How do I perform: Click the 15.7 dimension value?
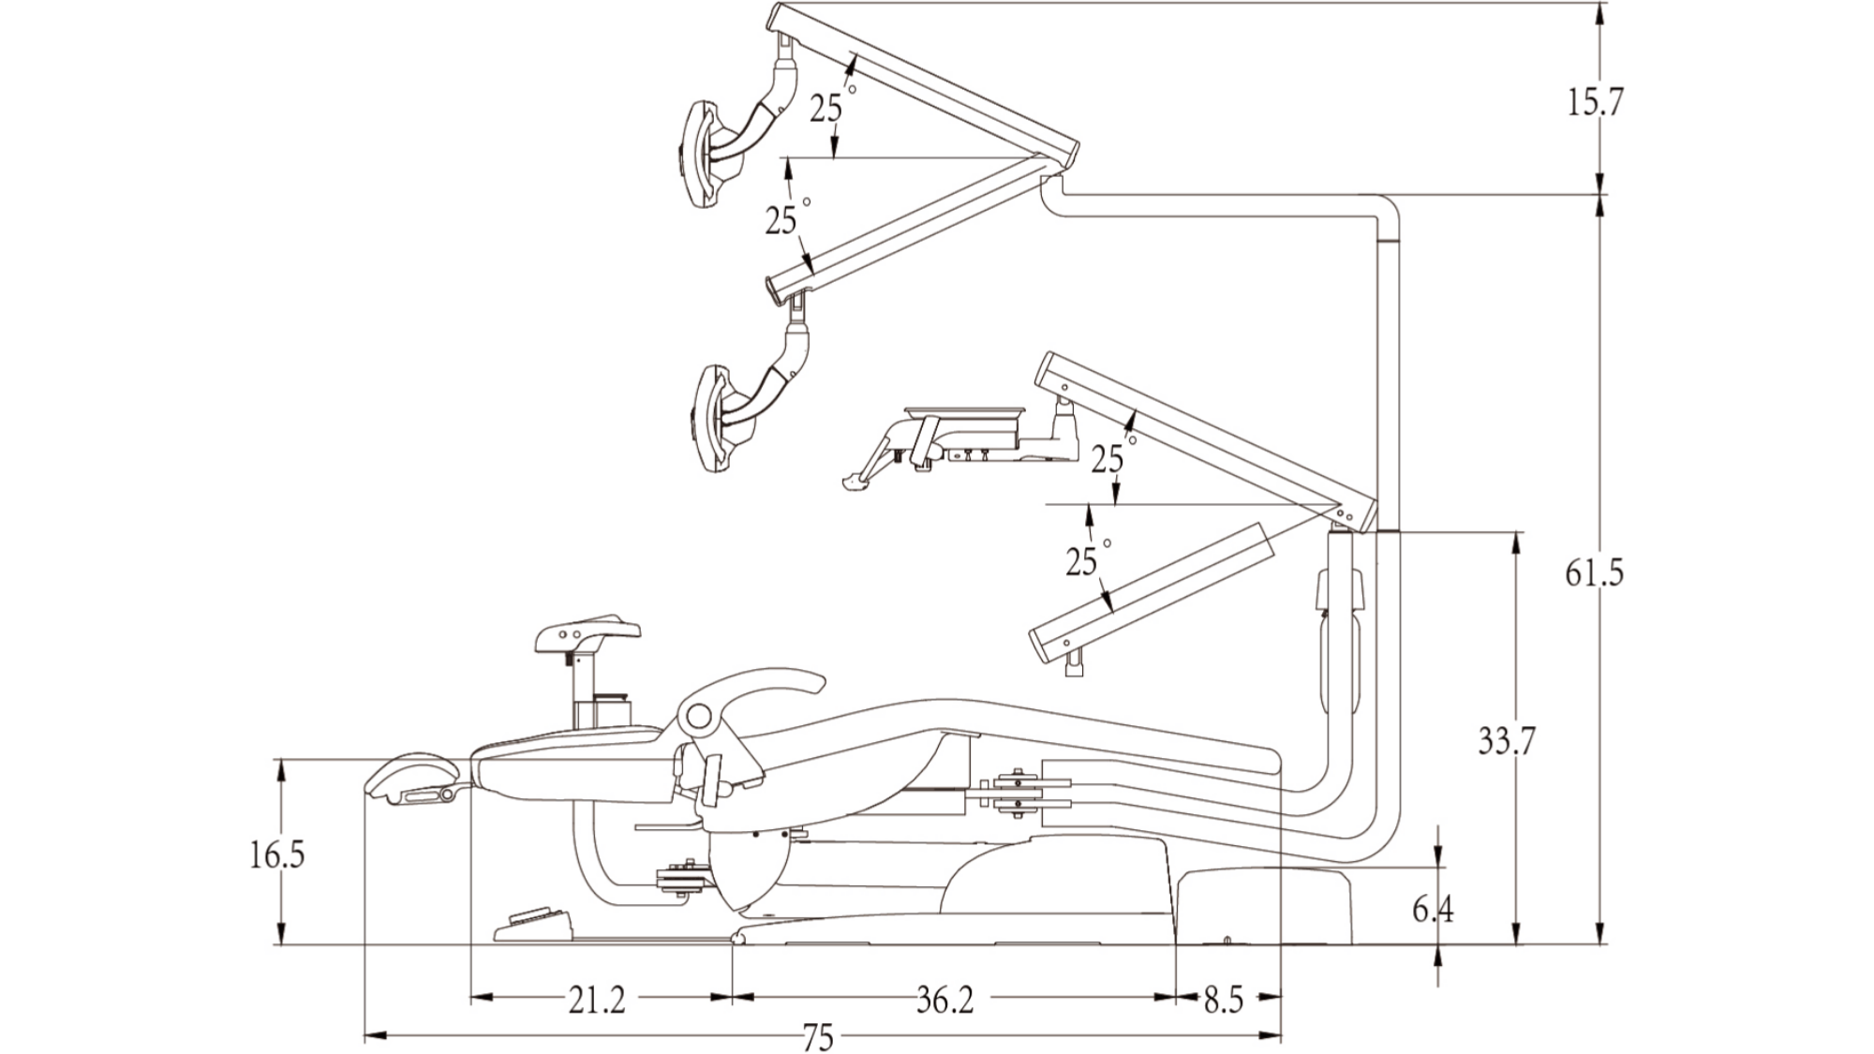pyautogui.click(x=1596, y=101)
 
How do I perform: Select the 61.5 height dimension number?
pyautogui.click(x=1594, y=572)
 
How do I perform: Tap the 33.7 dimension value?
pyautogui.click(x=1507, y=741)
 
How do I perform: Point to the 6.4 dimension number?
pyautogui.click(x=1433, y=909)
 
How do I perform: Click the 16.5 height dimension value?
pyautogui.click(x=277, y=854)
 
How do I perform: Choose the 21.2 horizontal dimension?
pyautogui.click(x=597, y=1001)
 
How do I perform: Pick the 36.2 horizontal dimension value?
pyautogui.click(x=944, y=1001)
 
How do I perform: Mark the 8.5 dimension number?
pyautogui.click(x=1223, y=1001)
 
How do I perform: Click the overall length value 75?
pyautogui.click(x=818, y=1038)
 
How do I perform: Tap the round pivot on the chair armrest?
pyautogui.click(x=697, y=718)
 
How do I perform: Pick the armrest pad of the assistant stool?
pyautogui.click(x=587, y=633)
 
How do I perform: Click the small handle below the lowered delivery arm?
pyautogui.click(x=1074, y=666)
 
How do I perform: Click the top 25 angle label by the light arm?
pyautogui.click(x=826, y=110)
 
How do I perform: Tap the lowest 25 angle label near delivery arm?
pyautogui.click(x=1080, y=561)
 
